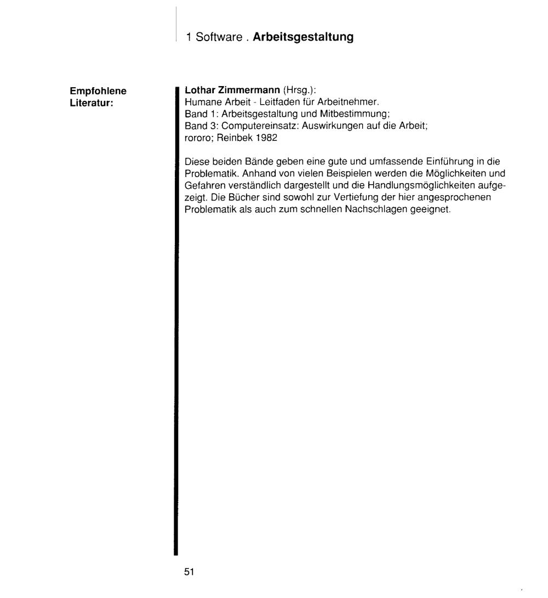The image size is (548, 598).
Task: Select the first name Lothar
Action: point(197,92)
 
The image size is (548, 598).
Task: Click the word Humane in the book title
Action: point(199,102)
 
